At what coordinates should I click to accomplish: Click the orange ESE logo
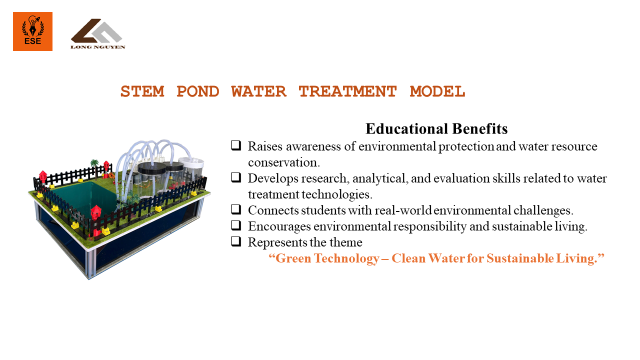[33, 31]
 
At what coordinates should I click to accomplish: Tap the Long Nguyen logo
[98, 34]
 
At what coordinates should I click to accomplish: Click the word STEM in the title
[142, 91]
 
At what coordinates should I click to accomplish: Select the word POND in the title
[198, 91]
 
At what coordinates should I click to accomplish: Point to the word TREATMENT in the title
[347, 91]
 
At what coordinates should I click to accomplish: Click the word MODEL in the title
[437, 91]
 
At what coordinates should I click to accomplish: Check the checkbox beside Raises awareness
[236, 145]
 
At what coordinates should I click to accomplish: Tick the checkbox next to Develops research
[236, 177]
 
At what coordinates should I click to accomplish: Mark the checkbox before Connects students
[236, 209]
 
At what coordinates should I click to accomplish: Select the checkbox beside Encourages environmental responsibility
[236, 225]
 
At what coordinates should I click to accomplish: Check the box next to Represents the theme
[236, 241]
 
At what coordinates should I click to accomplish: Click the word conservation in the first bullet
[284, 163]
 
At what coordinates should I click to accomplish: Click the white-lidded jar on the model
[191, 169]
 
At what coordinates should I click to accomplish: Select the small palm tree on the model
[95, 165]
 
